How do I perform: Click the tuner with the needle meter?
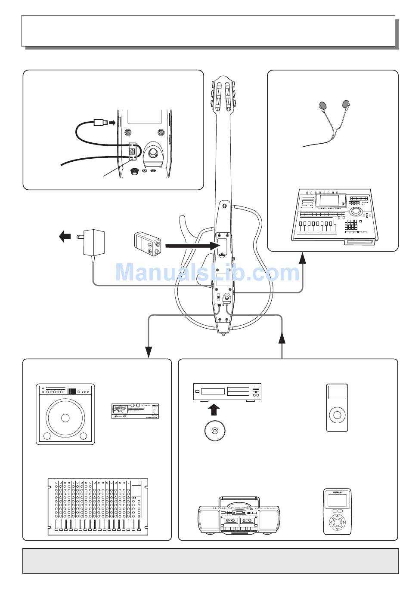click(x=135, y=411)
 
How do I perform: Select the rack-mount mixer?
click(x=97, y=506)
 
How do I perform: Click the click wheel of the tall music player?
click(x=337, y=416)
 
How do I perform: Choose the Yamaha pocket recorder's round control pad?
click(x=337, y=522)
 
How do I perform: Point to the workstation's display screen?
click(x=330, y=201)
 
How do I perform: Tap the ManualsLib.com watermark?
click(x=207, y=273)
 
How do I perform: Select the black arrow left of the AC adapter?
click(x=65, y=236)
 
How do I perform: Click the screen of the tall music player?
click(x=337, y=393)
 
